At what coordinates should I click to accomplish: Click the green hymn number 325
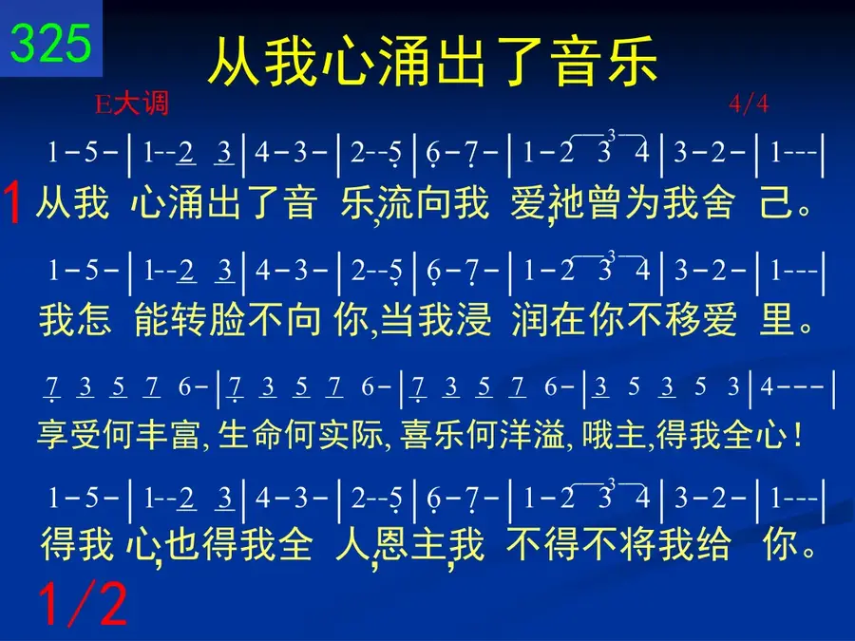pyautogui.click(x=50, y=43)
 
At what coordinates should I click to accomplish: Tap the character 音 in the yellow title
pyautogui.click(x=574, y=61)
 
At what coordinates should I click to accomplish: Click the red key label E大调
pyautogui.click(x=131, y=104)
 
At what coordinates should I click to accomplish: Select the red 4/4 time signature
pyautogui.click(x=749, y=103)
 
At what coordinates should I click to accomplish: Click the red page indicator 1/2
pyautogui.click(x=83, y=603)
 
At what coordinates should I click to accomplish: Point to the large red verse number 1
pyautogui.click(x=12, y=202)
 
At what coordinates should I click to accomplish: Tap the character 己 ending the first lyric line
pyautogui.click(x=776, y=202)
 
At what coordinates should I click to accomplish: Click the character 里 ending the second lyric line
pyautogui.click(x=776, y=319)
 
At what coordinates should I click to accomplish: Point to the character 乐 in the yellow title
pyautogui.click(x=631, y=61)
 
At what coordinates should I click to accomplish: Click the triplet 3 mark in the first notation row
pyautogui.click(x=611, y=134)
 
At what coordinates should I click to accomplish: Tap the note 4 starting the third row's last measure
pyautogui.click(x=767, y=386)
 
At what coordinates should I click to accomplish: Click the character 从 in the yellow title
pyautogui.click(x=234, y=61)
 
